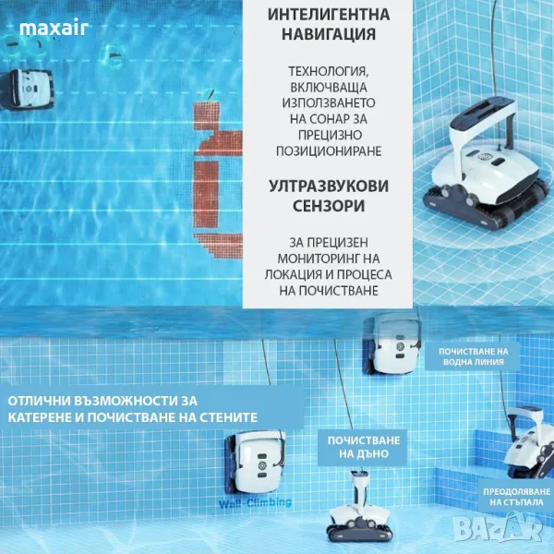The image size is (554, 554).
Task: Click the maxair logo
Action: pyautogui.click(x=54, y=29)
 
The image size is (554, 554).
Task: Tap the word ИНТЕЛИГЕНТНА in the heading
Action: pyautogui.click(x=329, y=15)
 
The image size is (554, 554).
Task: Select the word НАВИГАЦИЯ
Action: pyautogui.click(x=329, y=34)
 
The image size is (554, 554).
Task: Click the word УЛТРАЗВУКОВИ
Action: pyautogui.click(x=329, y=186)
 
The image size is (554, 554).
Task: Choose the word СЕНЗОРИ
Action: pyautogui.click(x=329, y=206)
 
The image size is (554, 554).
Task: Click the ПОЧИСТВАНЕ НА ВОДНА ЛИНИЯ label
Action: pyautogui.click(x=473, y=356)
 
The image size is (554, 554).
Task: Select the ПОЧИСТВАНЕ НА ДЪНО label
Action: pyautogui.click(x=364, y=447)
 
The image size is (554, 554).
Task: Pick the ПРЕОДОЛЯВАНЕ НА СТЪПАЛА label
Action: pyautogui.click(x=516, y=497)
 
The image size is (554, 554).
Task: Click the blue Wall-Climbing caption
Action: pyautogui.click(x=255, y=503)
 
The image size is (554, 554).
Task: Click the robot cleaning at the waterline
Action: pyautogui.click(x=393, y=343)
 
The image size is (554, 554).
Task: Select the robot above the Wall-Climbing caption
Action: pyautogui.click(x=256, y=462)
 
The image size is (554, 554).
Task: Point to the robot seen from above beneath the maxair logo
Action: pyautogui.click(x=27, y=90)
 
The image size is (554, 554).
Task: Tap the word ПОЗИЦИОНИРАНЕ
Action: pyautogui.click(x=329, y=151)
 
